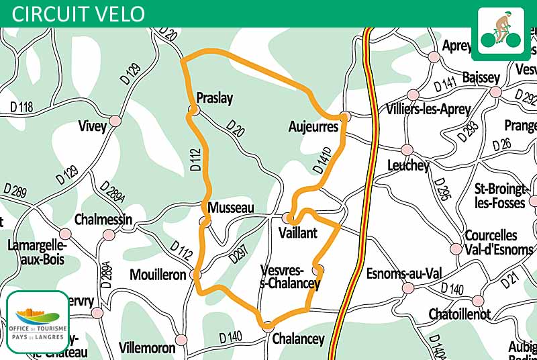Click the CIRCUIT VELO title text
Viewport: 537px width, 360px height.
pyautogui.click(x=78, y=13)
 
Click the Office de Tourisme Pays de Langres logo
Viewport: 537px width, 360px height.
pyautogui.click(x=38, y=322)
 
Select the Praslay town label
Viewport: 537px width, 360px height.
pyautogui.click(x=214, y=98)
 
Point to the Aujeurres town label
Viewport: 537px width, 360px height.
pyautogui.click(x=313, y=126)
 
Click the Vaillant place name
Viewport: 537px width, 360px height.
pyautogui.click(x=297, y=232)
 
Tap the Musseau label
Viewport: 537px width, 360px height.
pyautogui.click(x=231, y=208)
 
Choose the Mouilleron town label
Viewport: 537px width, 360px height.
pyautogui.click(x=158, y=275)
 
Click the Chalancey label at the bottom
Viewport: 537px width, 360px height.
pyautogui.click(x=298, y=339)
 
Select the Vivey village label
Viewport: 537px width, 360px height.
pyautogui.click(x=93, y=126)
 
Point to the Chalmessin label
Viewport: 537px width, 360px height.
pyautogui.click(x=103, y=220)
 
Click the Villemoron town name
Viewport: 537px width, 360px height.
pyautogui.click(x=146, y=348)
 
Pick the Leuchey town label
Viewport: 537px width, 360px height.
pyautogui.click(x=408, y=165)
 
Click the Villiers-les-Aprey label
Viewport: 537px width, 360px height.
pyautogui.click(x=430, y=109)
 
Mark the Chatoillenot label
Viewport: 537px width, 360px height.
pyautogui.click(x=460, y=314)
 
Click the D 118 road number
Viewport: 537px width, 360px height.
pyautogui.click(x=22, y=106)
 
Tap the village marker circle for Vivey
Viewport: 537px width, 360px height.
pyautogui.click(x=115, y=121)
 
